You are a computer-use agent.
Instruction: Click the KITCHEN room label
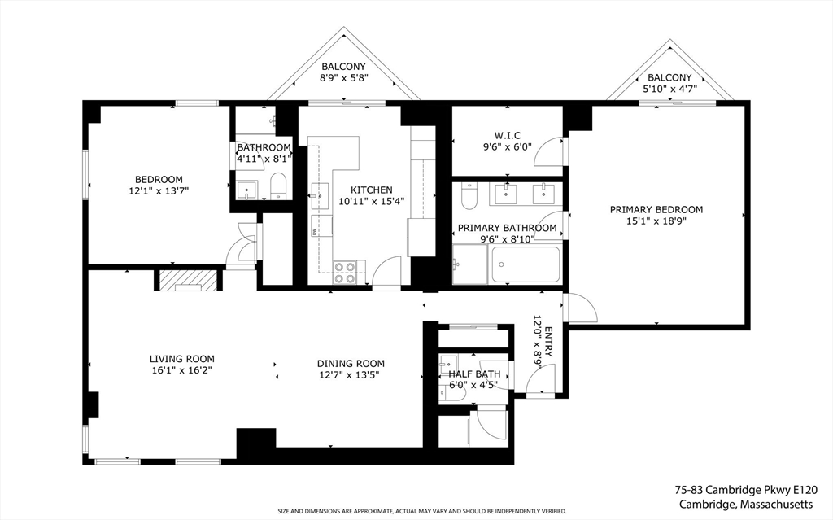click(x=371, y=190)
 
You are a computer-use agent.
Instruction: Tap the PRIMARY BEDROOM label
click(x=656, y=209)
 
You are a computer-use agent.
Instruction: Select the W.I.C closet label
click(x=507, y=136)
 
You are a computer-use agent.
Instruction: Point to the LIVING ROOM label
click(x=181, y=359)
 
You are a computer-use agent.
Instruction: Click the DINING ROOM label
click(x=351, y=364)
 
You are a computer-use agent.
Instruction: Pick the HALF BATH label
click(x=474, y=374)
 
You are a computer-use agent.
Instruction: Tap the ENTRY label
click(x=549, y=342)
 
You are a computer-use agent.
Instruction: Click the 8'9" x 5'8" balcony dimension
click(x=344, y=77)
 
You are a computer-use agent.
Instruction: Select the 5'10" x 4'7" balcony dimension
click(x=669, y=89)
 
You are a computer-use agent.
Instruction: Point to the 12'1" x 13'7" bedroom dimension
click(x=159, y=190)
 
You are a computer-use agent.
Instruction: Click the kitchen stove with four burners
click(x=344, y=273)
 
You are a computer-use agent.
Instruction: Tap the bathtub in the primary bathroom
click(x=526, y=264)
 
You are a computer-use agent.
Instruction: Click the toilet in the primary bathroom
click(x=469, y=195)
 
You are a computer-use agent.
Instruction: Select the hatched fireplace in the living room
click(x=188, y=280)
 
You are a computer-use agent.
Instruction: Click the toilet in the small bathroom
click(x=278, y=186)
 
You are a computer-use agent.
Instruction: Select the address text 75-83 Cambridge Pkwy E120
click(x=746, y=490)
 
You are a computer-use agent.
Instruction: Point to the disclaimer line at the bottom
click(x=422, y=511)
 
